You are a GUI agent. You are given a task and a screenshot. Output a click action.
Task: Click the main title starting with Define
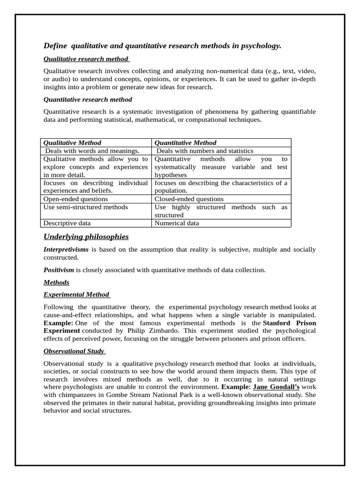point(162,45)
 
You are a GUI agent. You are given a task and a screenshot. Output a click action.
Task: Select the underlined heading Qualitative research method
point(86,59)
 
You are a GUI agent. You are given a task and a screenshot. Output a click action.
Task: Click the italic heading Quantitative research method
point(88,99)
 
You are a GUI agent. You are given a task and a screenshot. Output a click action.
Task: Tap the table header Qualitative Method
point(72,142)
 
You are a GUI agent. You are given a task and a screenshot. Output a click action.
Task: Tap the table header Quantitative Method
point(185,142)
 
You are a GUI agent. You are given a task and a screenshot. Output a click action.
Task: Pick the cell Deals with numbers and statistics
point(204,151)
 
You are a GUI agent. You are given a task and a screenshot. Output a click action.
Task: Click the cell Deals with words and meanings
point(92,151)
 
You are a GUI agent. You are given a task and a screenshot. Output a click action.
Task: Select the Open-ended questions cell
point(75,199)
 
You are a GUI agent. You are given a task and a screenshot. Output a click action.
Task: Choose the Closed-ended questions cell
point(189,199)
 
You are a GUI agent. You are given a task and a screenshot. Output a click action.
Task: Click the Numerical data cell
point(177,223)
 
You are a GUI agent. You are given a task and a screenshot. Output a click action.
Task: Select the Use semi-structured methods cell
point(85,207)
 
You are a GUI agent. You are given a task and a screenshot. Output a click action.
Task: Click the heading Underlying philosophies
point(86,236)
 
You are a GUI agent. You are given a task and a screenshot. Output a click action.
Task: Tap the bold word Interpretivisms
point(66,249)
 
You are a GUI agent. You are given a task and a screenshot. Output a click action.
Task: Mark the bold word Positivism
point(59,270)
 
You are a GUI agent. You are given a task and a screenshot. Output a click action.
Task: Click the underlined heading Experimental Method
point(76,294)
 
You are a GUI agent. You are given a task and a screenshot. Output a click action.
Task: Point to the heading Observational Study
point(74,351)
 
